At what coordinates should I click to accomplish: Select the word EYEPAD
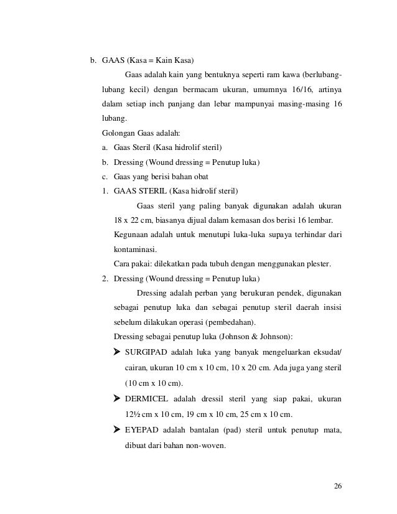pos(141,430)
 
